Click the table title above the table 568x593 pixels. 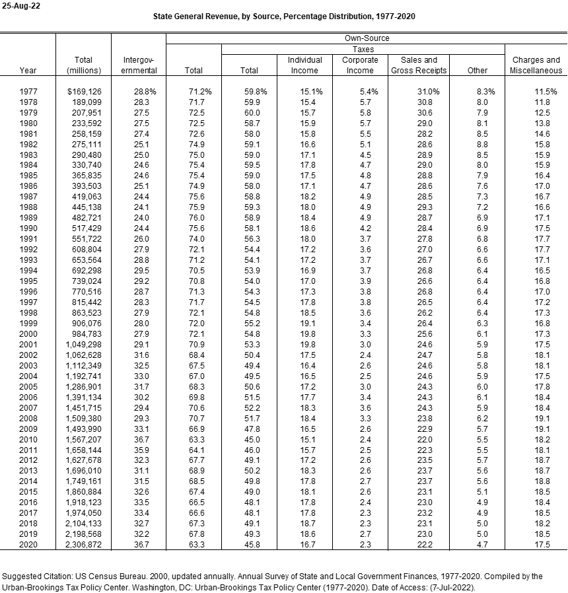284,16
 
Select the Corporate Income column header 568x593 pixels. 360,65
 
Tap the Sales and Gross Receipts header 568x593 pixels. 419,65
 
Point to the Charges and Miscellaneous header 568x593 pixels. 536,65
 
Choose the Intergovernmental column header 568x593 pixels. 139,65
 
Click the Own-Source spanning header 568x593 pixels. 367,39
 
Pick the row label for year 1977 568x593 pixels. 28,91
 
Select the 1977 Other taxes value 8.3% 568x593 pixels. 480,91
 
